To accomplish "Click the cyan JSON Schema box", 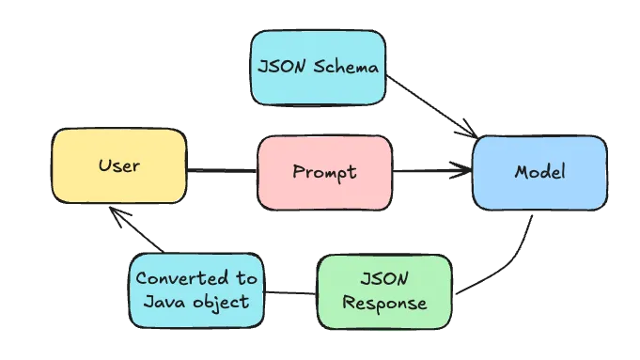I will (x=318, y=68).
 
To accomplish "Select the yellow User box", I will (x=118, y=166).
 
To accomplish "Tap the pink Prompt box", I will (x=323, y=172).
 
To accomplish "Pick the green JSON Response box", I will (x=384, y=290).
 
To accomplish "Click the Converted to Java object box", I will (x=195, y=290).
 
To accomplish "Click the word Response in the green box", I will (x=384, y=304).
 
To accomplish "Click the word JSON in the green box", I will (x=383, y=279).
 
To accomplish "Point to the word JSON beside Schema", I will (x=279, y=68).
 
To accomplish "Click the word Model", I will (x=539, y=172).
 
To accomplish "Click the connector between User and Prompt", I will (x=222, y=170).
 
